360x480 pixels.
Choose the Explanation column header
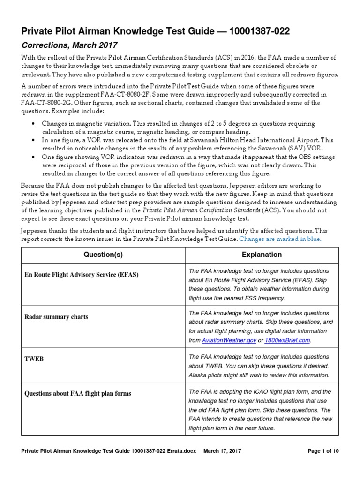point(262,255)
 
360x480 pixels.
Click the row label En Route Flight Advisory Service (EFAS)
point(81,275)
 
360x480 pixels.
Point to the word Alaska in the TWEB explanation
point(197,375)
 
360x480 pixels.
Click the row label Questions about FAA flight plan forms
point(77,394)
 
